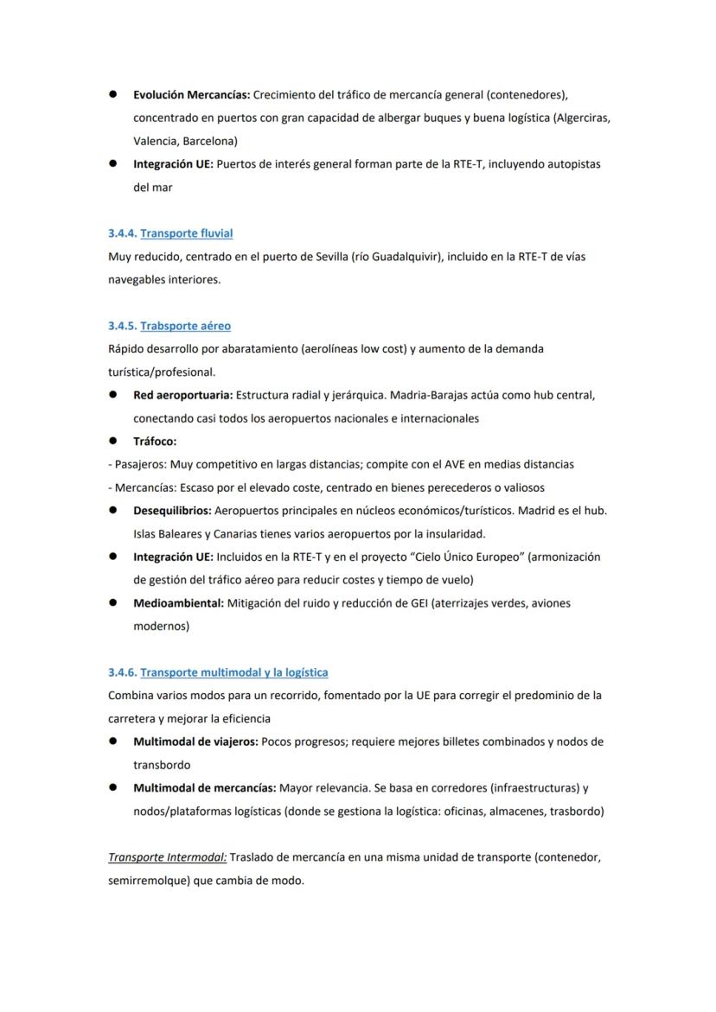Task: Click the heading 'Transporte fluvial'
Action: [x=186, y=233]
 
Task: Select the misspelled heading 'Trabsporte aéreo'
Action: [x=185, y=326]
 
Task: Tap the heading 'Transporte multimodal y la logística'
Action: [x=233, y=672]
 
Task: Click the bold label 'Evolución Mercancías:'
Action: [x=191, y=93]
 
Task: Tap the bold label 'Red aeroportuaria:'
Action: [x=182, y=395]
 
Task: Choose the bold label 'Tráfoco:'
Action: [x=155, y=442]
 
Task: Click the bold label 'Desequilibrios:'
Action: [x=171, y=511]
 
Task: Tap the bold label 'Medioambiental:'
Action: [x=178, y=603]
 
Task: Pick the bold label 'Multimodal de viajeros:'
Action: [x=195, y=741]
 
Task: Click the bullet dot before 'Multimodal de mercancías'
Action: [x=113, y=788]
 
